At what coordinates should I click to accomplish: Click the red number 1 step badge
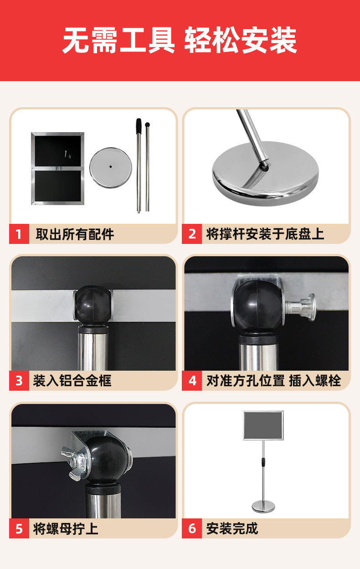[x=19, y=234]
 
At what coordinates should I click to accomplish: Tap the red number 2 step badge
[x=192, y=234]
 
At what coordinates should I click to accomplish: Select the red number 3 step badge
[x=19, y=381]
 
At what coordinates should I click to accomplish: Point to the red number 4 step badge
[x=192, y=381]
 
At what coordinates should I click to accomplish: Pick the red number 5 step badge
[x=19, y=528]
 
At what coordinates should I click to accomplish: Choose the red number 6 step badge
[x=192, y=528]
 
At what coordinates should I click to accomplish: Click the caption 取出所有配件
[x=75, y=234]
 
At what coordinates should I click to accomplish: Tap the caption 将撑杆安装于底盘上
[x=265, y=234]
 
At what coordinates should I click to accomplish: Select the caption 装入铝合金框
[x=72, y=381]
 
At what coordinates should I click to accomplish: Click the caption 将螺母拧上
[x=66, y=528]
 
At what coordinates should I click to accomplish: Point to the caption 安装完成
[x=232, y=528]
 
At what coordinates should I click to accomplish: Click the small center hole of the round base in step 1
[x=111, y=166]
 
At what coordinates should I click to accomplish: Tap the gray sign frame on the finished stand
[x=263, y=425]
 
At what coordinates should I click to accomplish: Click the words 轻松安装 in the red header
[x=241, y=41]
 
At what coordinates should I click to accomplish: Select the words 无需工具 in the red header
[x=118, y=41]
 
